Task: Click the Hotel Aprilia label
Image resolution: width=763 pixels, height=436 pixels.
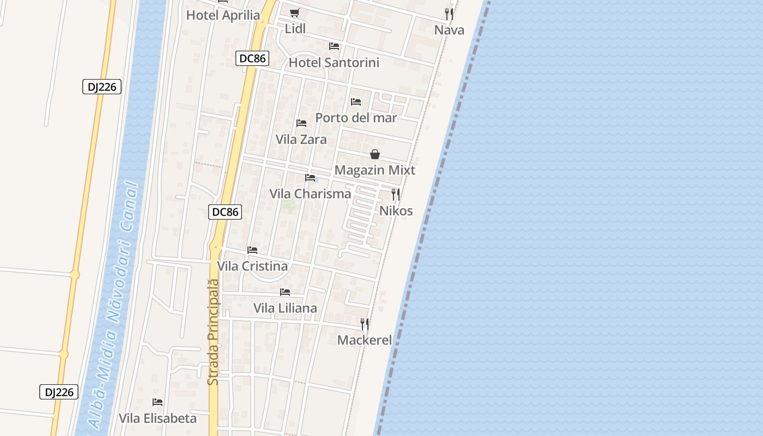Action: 223,15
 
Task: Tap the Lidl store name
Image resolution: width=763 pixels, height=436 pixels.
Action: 295,29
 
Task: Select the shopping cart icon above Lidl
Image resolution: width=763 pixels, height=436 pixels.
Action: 294,13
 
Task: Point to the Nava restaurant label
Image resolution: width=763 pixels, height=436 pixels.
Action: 449,30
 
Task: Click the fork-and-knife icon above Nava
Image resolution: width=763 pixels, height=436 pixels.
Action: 449,14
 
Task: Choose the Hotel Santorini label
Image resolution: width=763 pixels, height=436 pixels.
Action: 334,63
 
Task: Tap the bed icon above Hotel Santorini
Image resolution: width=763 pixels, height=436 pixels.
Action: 334,46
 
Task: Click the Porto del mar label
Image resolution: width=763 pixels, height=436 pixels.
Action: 356,118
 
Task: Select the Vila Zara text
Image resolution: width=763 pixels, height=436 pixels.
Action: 301,140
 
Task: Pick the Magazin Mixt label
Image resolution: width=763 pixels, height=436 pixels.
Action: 374,170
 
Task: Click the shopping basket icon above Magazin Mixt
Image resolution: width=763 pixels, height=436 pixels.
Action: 375,155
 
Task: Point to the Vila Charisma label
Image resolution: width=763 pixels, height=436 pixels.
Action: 310,193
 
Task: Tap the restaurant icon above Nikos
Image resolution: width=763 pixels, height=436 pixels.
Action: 396,195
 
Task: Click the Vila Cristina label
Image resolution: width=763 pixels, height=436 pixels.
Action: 252,267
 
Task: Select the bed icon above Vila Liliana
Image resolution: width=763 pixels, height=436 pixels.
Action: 285,293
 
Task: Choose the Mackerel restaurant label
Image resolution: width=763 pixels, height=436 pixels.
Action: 364,340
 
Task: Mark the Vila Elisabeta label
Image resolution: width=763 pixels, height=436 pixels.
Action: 158,419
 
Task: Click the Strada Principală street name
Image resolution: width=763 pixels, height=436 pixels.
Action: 213,332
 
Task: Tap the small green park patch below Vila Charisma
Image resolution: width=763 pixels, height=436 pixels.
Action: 289,206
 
